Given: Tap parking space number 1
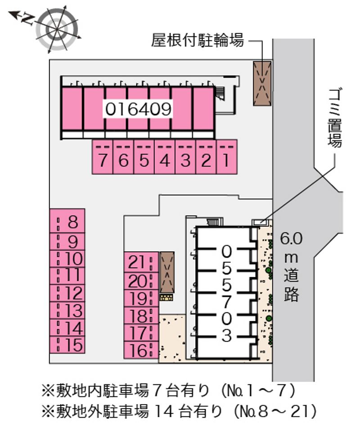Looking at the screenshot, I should pyautogui.click(x=227, y=157).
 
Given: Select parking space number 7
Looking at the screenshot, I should pyautogui.click(x=103, y=157).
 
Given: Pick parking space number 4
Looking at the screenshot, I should pyautogui.click(x=165, y=157).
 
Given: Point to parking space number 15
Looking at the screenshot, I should pyautogui.click(x=67, y=345).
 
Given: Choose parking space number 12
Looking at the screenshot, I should pyautogui.click(x=67, y=293).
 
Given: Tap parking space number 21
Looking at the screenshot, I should pyautogui.click(x=141, y=261).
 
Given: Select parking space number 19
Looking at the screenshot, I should pyautogui.click(x=141, y=297).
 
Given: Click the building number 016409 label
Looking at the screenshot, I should pyautogui.click(x=138, y=108).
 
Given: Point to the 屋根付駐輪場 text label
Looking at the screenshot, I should pyautogui.click(x=198, y=41).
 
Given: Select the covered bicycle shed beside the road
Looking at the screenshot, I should pyautogui.click(x=262, y=83).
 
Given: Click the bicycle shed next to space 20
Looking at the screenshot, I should pyautogui.click(x=167, y=272).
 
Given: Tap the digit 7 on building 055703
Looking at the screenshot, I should pyautogui.click(x=227, y=301).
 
